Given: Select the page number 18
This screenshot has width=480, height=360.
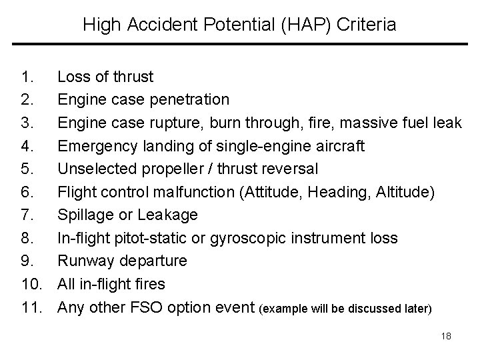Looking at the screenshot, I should [446, 337].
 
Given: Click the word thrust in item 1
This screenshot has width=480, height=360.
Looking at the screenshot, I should [132, 77].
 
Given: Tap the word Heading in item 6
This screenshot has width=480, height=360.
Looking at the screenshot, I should [335, 193].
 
